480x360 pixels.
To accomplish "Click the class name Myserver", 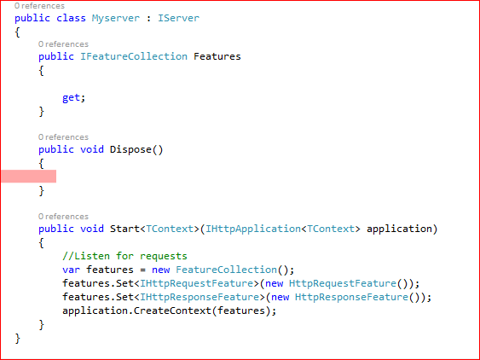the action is click(x=116, y=19).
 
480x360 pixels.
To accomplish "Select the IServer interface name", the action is click(x=178, y=18).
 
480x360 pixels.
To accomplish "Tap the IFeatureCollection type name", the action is click(x=134, y=56).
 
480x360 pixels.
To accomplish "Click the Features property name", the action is click(x=217, y=56).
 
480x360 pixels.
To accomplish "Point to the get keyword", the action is click(x=71, y=98).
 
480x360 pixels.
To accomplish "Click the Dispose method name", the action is click(x=130, y=149).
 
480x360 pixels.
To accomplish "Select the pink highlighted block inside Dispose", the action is click(x=28, y=177).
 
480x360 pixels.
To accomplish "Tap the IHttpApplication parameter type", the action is click(x=253, y=229).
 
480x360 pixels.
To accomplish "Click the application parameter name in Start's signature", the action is click(x=399, y=229).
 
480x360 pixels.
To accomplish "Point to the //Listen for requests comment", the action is click(x=124, y=256).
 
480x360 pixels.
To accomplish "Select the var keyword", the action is click(x=71, y=270).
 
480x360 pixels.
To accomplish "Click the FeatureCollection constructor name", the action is click(x=226, y=270).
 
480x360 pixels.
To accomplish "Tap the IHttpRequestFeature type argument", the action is click(x=197, y=283).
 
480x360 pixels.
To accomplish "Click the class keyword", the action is click(x=71, y=18).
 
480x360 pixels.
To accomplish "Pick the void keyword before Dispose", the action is click(x=92, y=149).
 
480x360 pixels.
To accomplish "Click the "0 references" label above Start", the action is click(x=63, y=217).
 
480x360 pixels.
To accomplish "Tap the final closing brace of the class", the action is click(x=17, y=339).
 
